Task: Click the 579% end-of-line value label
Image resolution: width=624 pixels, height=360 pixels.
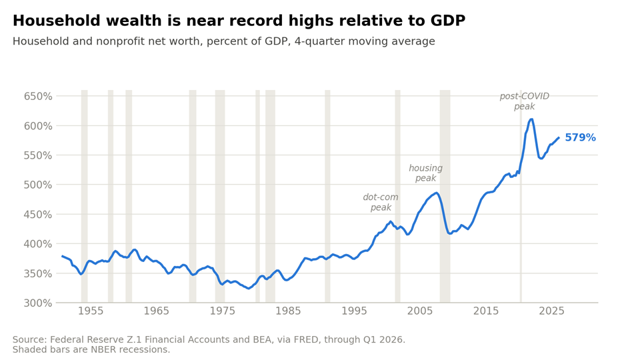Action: (x=580, y=137)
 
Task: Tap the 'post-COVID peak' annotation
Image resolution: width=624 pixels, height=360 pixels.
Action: (x=524, y=101)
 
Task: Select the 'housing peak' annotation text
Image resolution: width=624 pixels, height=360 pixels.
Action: (x=425, y=173)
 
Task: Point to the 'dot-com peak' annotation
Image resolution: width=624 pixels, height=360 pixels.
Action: (x=381, y=203)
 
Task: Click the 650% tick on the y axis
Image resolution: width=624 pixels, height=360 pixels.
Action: (x=38, y=96)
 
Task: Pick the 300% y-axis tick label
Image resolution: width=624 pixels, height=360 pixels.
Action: (x=38, y=303)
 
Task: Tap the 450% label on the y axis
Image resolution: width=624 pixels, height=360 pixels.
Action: (x=38, y=215)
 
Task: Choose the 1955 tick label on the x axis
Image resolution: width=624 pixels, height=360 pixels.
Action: (x=91, y=311)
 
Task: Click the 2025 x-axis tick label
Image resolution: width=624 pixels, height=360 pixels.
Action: (x=551, y=311)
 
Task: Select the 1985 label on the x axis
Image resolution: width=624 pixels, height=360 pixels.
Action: (x=288, y=311)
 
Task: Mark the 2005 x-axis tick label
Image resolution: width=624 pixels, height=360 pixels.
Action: (x=420, y=311)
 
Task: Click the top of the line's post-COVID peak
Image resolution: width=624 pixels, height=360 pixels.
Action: (x=531, y=119)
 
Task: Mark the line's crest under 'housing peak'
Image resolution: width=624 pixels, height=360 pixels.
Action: (x=437, y=193)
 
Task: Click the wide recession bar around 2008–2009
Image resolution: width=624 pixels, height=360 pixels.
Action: (x=445, y=196)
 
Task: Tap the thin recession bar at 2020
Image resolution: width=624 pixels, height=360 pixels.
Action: (x=521, y=196)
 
